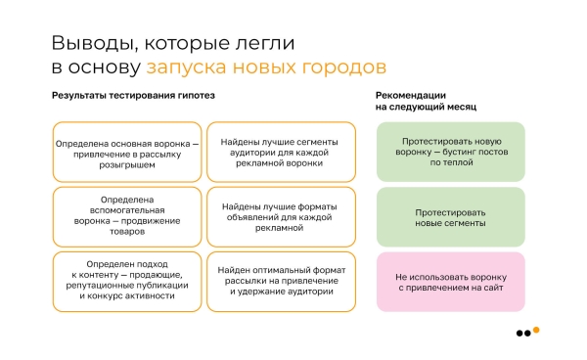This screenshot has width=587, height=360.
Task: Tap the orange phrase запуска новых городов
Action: pos(265,67)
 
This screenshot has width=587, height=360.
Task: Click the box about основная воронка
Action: pos(127,153)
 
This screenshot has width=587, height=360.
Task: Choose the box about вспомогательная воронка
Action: pos(127,216)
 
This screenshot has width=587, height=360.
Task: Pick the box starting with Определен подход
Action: pos(127,280)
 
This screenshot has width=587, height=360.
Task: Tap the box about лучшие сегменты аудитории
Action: pos(280,153)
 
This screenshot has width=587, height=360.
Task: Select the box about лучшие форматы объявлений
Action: pos(280,216)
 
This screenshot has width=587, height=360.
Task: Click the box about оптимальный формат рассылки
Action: pos(280,280)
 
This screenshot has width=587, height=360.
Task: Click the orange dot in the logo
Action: pos(535,330)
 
